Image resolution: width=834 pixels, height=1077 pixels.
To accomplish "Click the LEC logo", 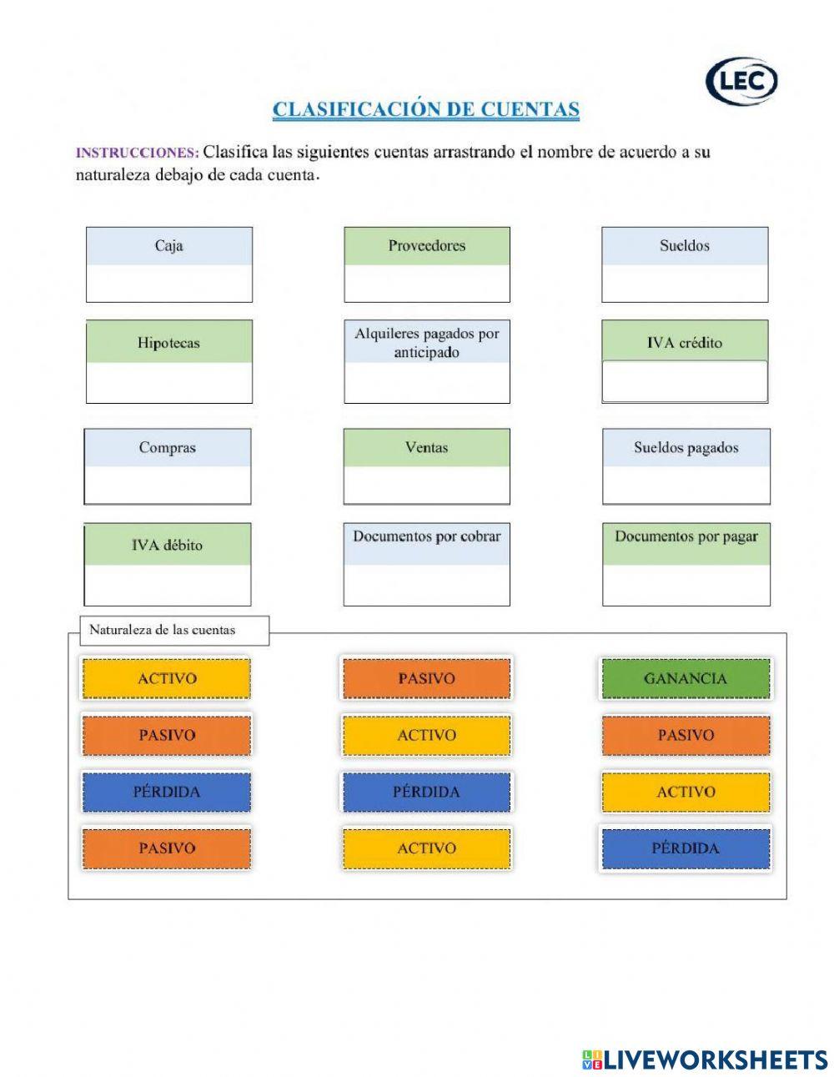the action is pyautogui.click(x=741, y=82).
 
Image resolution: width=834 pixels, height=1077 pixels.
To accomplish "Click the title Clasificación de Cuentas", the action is pyautogui.click(x=425, y=109).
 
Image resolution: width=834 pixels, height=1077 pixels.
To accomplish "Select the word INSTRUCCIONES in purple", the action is pyautogui.click(x=137, y=153).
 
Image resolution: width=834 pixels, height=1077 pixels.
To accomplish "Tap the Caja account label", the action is pyautogui.click(x=168, y=245).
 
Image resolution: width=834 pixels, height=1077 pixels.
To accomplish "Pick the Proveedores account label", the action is pyautogui.click(x=426, y=245).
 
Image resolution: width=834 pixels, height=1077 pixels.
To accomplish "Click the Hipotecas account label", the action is pyautogui.click(x=168, y=342).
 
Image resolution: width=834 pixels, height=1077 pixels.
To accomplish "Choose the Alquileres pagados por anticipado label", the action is pyautogui.click(x=426, y=342).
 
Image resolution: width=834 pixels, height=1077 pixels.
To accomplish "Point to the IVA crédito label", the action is pyautogui.click(x=685, y=342).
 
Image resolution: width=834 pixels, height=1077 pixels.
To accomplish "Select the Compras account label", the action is pyautogui.click(x=168, y=447).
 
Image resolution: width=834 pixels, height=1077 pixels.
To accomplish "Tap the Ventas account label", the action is pyautogui.click(x=426, y=447).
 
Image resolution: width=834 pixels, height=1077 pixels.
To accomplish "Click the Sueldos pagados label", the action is pyautogui.click(x=686, y=447).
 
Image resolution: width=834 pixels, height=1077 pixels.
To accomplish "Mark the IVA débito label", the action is pyautogui.click(x=167, y=545).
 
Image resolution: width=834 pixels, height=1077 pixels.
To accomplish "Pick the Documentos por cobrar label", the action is pyautogui.click(x=426, y=536).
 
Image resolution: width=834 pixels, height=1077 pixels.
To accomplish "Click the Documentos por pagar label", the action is pyautogui.click(x=686, y=536).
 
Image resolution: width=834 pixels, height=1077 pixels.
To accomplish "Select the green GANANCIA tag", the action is pyautogui.click(x=686, y=678).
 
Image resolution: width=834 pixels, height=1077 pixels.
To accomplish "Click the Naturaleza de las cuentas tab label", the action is pyautogui.click(x=163, y=630).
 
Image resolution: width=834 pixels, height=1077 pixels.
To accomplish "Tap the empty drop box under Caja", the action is pyautogui.click(x=168, y=284).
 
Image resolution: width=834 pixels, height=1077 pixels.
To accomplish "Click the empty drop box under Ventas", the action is pyautogui.click(x=426, y=485).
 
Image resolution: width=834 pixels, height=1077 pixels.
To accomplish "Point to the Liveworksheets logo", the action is pyautogui.click(x=705, y=1059).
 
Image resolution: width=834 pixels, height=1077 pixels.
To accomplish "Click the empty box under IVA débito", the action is pyautogui.click(x=167, y=585).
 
